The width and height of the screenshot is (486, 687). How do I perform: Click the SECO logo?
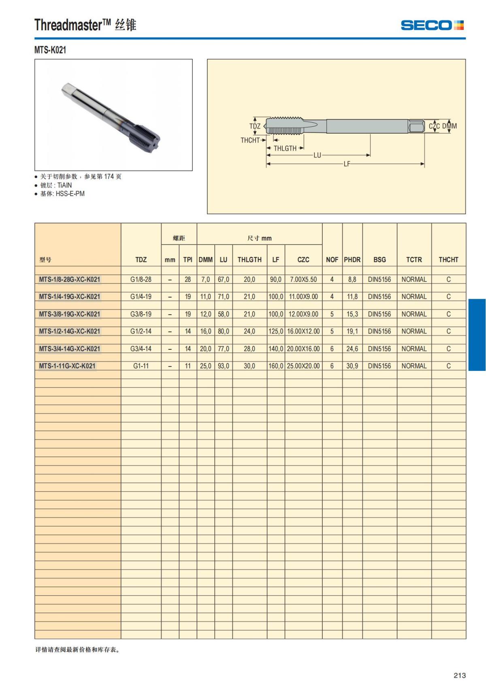coord(432,25)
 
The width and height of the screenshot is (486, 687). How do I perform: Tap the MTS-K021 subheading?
coord(50,50)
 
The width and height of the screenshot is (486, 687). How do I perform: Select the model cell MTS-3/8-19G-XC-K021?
coord(70,314)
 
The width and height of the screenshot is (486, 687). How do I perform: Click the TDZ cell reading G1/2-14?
coord(141,331)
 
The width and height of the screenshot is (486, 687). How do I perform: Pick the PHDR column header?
coord(352,260)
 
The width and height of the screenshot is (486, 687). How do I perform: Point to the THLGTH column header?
coord(249,260)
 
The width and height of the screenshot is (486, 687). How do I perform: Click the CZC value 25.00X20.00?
coord(303,366)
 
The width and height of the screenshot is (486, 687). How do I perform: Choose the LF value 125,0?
coord(276,331)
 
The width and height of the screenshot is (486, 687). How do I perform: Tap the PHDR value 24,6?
coord(352,349)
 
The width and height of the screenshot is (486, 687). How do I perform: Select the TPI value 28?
coord(188,279)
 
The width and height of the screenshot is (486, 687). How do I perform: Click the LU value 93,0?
coord(224,366)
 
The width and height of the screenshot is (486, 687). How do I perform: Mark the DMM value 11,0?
coord(205,297)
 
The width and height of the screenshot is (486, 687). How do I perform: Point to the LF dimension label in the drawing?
coord(347,164)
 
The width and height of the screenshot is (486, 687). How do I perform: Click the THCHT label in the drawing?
coord(250,140)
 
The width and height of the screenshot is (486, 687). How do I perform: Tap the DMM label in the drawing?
coord(450,126)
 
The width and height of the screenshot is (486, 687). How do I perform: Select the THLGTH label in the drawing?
coord(285,149)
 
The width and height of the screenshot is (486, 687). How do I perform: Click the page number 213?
coord(460,675)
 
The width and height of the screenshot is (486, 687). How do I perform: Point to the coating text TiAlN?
coord(65,185)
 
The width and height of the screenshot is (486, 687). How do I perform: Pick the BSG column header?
coord(379,260)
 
